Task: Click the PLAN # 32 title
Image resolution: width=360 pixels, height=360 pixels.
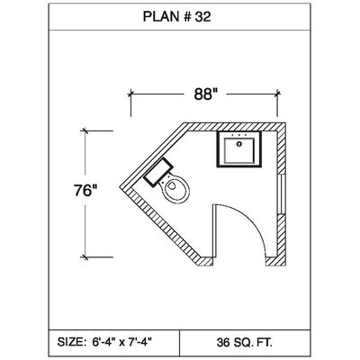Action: click(176, 17)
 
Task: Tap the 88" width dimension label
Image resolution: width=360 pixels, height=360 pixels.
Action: click(205, 94)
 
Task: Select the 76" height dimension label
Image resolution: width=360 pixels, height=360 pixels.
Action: click(85, 190)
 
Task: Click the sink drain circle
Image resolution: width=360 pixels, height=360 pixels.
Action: click(239, 144)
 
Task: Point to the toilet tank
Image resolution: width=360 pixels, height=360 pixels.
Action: click(158, 172)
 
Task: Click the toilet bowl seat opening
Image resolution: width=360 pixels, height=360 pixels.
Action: click(171, 185)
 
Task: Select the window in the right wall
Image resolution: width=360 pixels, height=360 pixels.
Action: click(282, 193)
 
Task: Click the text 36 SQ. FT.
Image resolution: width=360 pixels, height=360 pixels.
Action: click(245, 342)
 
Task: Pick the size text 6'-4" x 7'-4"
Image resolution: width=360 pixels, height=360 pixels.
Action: click(121, 342)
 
